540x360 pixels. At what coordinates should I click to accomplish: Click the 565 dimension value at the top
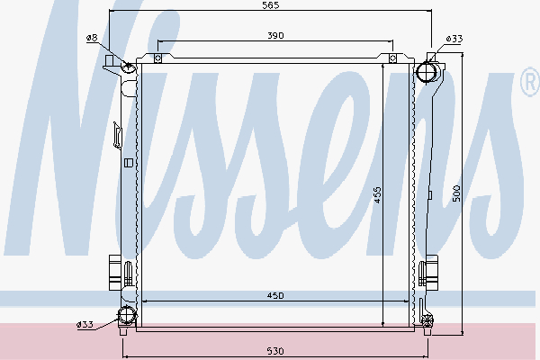(x=270, y=5)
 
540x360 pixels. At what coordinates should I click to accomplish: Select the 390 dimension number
(x=275, y=35)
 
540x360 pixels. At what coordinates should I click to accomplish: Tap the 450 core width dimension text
(x=275, y=295)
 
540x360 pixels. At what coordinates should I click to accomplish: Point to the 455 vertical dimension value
(x=377, y=195)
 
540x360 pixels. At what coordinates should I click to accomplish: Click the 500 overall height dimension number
(x=456, y=193)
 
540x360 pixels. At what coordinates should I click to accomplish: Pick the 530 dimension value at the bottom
(x=275, y=351)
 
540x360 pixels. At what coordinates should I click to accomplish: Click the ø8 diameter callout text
(x=92, y=38)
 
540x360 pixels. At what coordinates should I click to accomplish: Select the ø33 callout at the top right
(x=454, y=39)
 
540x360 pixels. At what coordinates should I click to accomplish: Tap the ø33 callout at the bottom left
(x=85, y=324)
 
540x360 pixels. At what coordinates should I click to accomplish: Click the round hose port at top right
(x=427, y=72)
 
